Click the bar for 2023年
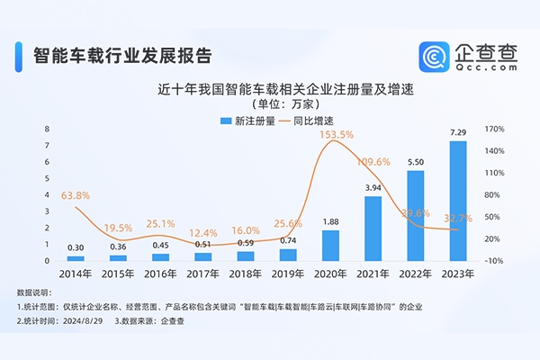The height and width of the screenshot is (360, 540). coord(458,201)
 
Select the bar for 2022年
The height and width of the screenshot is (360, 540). coord(415,216)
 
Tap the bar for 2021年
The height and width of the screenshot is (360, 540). coord(373,229)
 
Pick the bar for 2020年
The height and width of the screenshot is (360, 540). coord(330,246)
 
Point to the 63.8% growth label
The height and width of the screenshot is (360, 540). coord(76,194)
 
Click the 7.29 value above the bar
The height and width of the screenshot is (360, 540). coord(458,132)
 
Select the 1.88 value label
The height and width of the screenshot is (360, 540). coord(330,222)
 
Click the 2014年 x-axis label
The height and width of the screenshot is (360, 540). coord(76,271)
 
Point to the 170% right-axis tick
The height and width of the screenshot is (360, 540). coord(494,130)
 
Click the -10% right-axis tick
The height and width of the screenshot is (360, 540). coord(494,261)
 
